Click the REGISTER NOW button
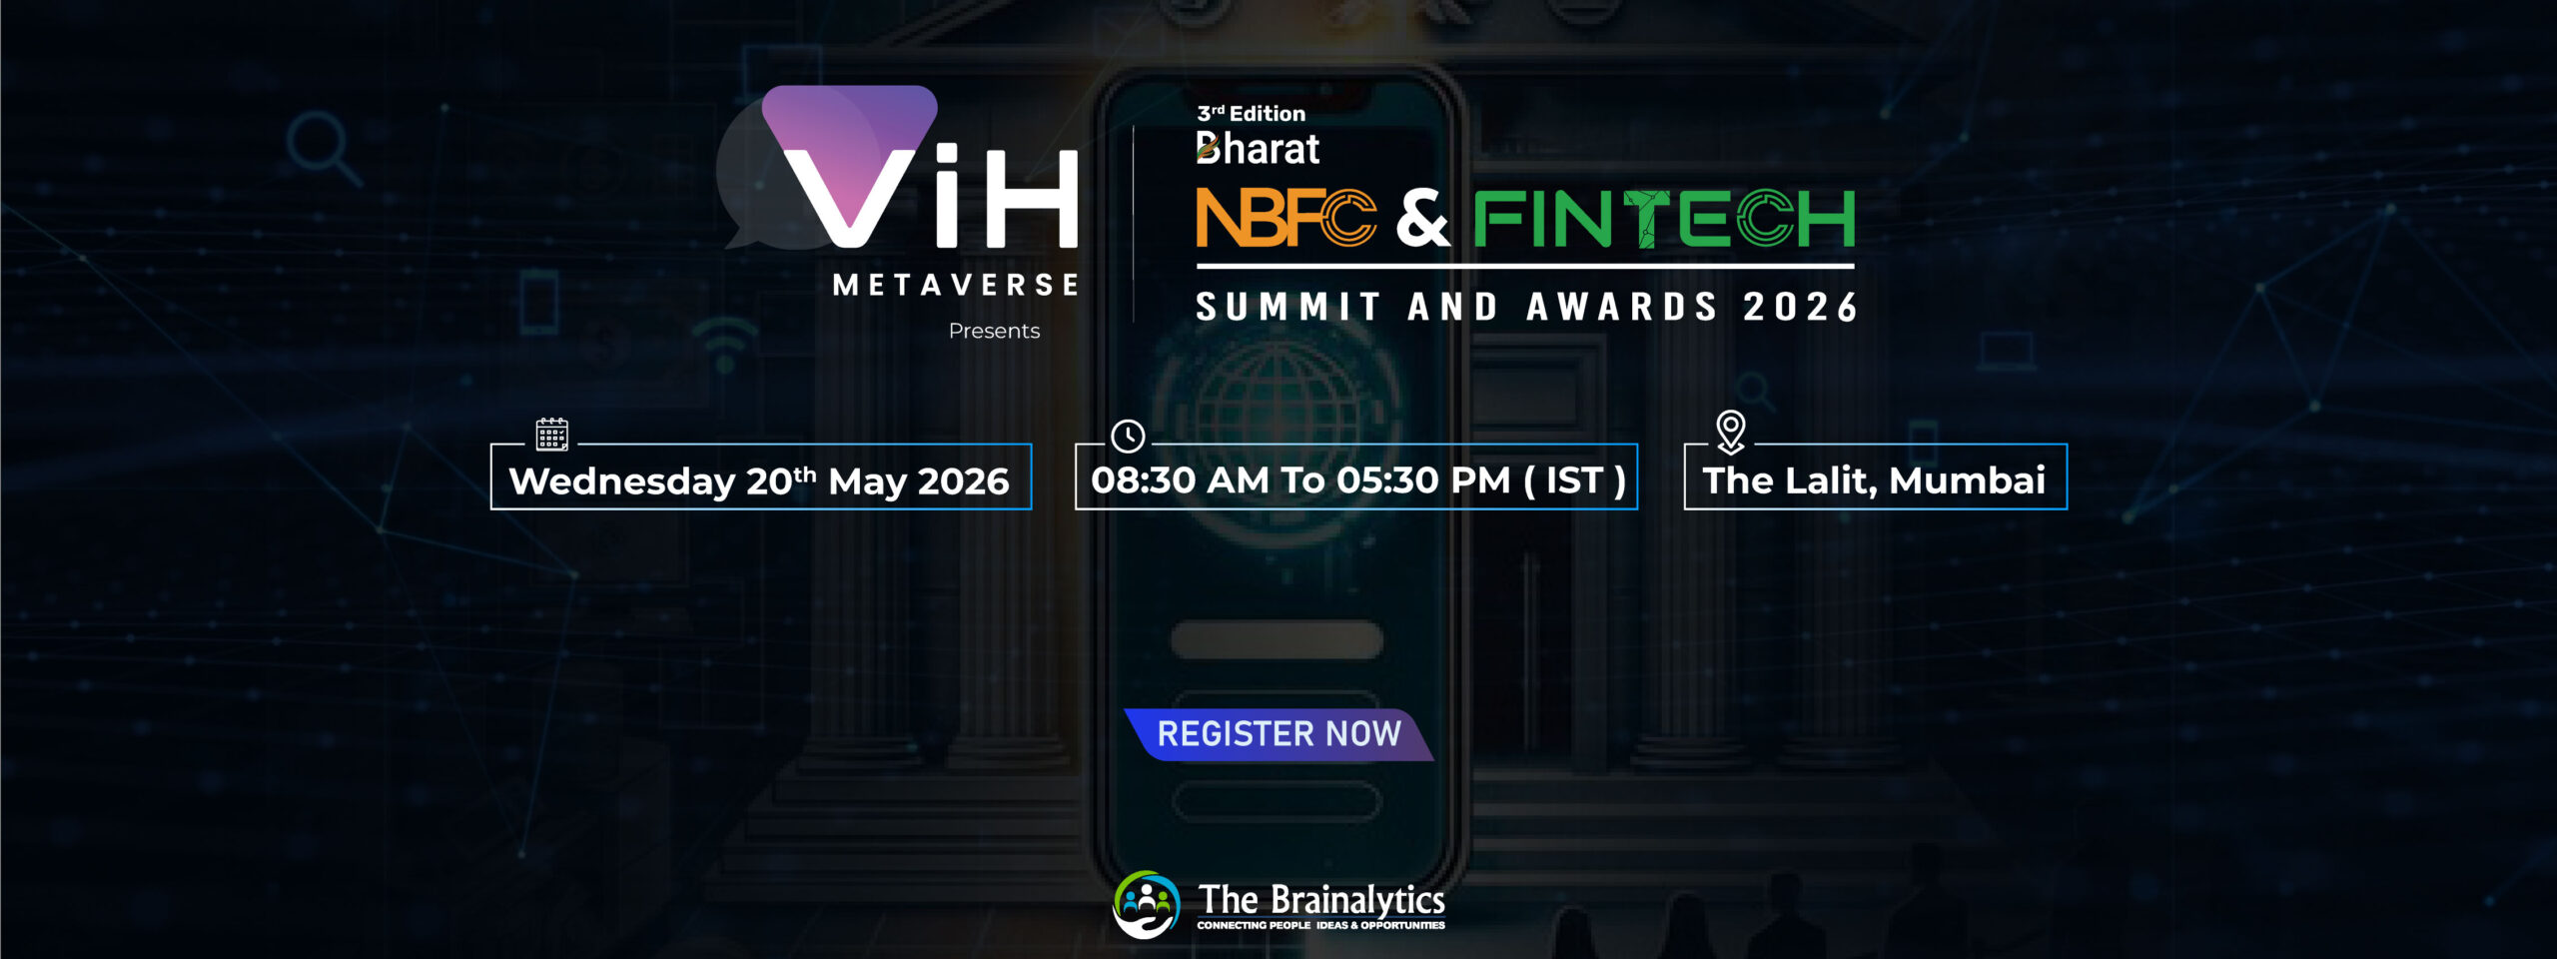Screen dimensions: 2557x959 (1278, 734)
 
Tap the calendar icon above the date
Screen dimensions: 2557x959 (552, 435)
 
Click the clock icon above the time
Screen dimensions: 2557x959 (1128, 436)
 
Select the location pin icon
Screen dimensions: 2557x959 (1730, 433)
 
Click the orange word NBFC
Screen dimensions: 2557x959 (1286, 218)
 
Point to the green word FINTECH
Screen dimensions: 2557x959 (1664, 219)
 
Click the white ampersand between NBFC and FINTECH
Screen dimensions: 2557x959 (1423, 219)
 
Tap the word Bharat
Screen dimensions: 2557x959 (1258, 148)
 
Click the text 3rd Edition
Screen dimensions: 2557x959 (1251, 113)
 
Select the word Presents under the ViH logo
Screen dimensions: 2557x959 (994, 331)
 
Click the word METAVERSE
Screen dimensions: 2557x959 (956, 285)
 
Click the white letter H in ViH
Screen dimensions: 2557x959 (1032, 198)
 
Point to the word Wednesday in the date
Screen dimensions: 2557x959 (622, 481)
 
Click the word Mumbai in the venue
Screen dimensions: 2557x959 (1967, 480)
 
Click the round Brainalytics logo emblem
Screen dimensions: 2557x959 (1147, 905)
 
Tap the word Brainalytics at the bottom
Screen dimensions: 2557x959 (1355, 900)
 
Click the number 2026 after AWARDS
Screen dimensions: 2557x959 (1800, 307)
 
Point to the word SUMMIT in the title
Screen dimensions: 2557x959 (1288, 307)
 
